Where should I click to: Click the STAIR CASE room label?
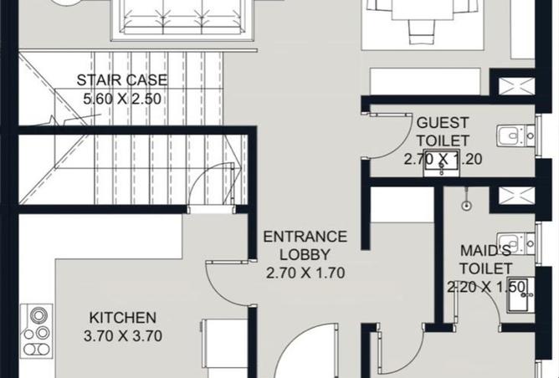[x=122, y=79]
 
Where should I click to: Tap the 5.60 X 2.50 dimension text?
[x=122, y=99]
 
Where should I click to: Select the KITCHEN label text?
[x=123, y=318]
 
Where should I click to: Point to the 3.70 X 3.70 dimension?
[x=123, y=336]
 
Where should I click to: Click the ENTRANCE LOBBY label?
[x=305, y=246]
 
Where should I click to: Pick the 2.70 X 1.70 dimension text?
[x=305, y=273]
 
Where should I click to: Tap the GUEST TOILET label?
[x=443, y=131]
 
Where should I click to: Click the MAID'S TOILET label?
[x=485, y=259]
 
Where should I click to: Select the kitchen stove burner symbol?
[x=37, y=331]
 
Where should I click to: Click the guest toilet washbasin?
[x=441, y=164]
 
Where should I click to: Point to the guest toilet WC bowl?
[x=515, y=135]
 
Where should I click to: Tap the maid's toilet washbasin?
[x=521, y=295]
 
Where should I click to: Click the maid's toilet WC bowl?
[x=515, y=243]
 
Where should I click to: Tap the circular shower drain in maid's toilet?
[x=466, y=205]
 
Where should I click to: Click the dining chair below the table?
[x=422, y=32]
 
